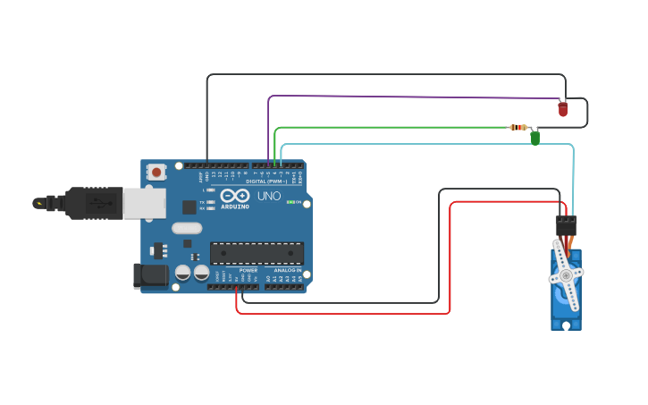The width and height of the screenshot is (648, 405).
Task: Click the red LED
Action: pos(562,109)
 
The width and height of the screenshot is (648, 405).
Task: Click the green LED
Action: pos(535,138)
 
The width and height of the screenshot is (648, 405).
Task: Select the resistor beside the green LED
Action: pos(518,127)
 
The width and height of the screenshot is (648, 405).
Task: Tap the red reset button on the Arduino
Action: pos(156,172)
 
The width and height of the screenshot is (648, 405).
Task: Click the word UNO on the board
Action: pos(269,196)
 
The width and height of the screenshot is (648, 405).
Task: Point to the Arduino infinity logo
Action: pos(235,196)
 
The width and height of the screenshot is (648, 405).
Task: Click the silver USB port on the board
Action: pos(143,204)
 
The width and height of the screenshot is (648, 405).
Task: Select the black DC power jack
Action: pos(149,275)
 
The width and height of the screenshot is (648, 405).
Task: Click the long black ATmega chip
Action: pos(257,252)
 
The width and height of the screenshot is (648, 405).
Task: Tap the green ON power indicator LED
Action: pos(290,202)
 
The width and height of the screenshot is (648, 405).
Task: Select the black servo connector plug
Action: pos(566,225)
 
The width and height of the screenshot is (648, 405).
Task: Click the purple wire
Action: pos(402,97)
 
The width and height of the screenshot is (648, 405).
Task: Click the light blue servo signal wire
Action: pos(429,144)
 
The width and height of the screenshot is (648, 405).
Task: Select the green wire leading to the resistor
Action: pos(393,127)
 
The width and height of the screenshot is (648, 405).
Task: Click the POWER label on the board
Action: pos(248,270)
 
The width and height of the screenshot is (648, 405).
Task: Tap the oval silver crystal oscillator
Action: pos(187,228)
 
